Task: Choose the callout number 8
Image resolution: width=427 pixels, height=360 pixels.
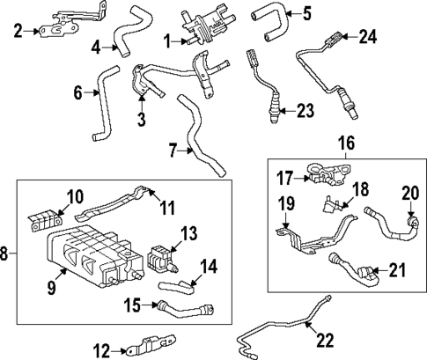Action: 6,254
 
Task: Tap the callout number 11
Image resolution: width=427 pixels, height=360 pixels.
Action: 167,208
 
